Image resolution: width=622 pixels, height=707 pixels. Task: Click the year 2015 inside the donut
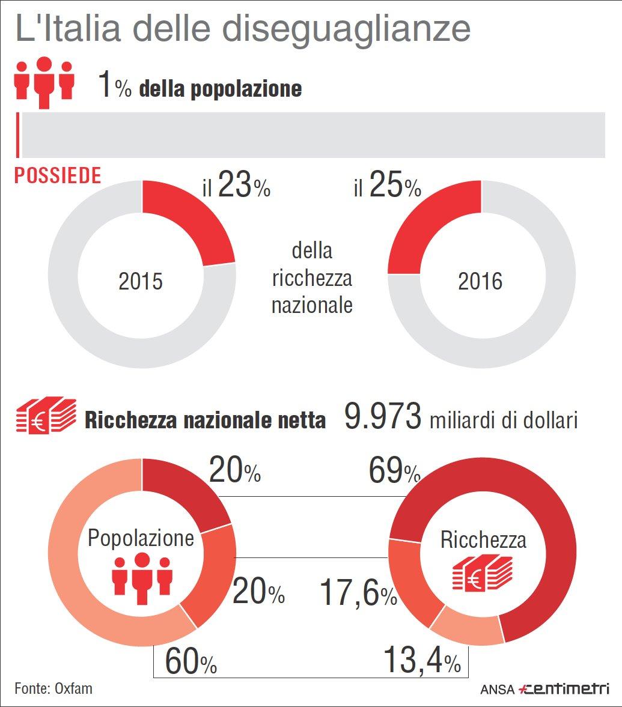(x=140, y=281)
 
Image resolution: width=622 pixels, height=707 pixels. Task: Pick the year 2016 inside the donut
(x=480, y=281)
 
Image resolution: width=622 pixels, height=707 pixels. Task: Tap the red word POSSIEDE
(x=58, y=175)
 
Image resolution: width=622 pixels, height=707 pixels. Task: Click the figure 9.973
(x=383, y=416)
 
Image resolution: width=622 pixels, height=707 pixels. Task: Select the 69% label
(x=395, y=471)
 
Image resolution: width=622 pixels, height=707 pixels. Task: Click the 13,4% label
(x=422, y=660)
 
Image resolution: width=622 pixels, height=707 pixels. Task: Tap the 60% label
(x=191, y=661)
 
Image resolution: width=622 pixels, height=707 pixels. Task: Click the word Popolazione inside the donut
(x=141, y=538)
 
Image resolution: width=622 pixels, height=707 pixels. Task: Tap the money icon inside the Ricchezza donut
(x=482, y=573)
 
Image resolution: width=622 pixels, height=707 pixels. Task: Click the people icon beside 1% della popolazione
(x=44, y=82)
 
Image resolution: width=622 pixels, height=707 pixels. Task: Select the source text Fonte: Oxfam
(x=53, y=688)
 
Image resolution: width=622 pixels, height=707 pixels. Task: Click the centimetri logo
(x=564, y=688)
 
